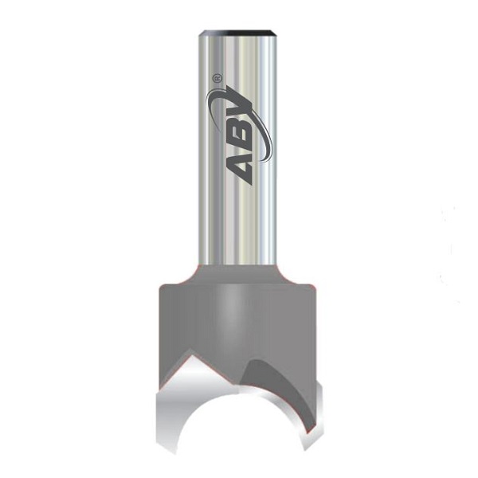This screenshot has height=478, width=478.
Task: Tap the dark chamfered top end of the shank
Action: pyautogui.click(x=239, y=31)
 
